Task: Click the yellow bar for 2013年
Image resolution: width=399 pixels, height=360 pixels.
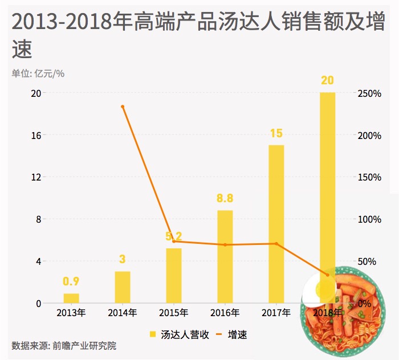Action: pyautogui.click(x=71, y=298)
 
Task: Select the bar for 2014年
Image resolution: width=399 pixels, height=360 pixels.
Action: pyautogui.click(x=123, y=287)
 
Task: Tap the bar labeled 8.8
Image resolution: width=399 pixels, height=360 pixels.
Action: pyautogui.click(x=225, y=256)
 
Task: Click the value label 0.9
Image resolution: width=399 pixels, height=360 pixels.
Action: pyautogui.click(x=71, y=281)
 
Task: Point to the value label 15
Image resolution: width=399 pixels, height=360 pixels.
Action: pyautogui.click(x=276, y=134)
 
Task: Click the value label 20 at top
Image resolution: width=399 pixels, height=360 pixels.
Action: pyautogui.click(x=327, y=80)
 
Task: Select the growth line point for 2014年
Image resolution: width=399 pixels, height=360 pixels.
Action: pyautogui.click(x=123, y=107)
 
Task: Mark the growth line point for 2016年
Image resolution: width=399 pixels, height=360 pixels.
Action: pyautogui.click(x=225, y=245)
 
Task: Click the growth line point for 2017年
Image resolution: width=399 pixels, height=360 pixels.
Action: pyautogui.click(x=276, y=244)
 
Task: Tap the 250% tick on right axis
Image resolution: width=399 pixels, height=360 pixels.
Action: pyautogui.click(x=369, y=93)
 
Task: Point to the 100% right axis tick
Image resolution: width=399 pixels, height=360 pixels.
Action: pyautogui.click(x=369, y=219)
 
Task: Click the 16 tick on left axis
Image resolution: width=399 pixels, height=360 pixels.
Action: pyautogui.click(x=35, y=136)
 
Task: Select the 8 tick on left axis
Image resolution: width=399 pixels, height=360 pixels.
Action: pyautogui.click(x=38, y=219)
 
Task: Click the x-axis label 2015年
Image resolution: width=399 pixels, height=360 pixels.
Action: pyautogui.click(x=174, y=313)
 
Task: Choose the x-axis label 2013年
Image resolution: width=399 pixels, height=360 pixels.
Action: pyautogui.click(x=71, y=313)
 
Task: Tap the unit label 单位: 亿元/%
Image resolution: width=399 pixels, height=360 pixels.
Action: pyautogui.click(x=38, y=73)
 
